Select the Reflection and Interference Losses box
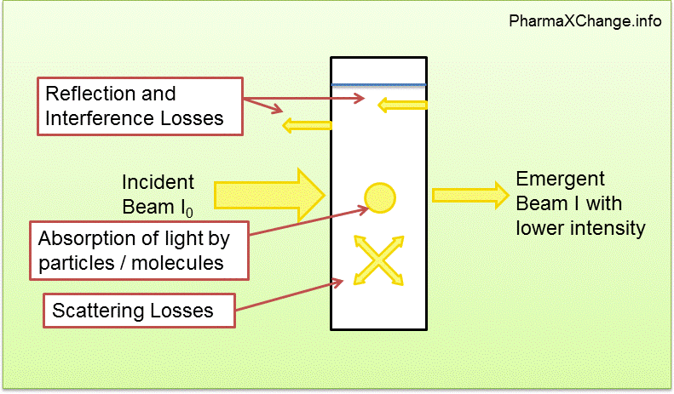[x=140, y=106]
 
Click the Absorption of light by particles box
[x=140, y=250]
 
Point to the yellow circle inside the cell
[x=379, y=197]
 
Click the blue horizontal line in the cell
[x=378, y=85]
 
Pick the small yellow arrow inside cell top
[x=402, y=106]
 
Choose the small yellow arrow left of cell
[x=307, y=126]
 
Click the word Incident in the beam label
[x=158, y=182]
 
